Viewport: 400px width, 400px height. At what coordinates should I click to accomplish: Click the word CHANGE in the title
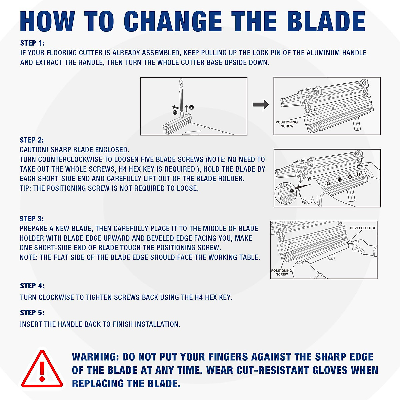(x=173, y=22)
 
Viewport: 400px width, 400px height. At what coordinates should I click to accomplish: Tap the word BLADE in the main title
(x=326, y=22)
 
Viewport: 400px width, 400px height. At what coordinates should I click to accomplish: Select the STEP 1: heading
(x=32, y=43)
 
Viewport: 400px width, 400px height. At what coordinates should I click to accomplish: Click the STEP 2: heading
(x=32, y=140)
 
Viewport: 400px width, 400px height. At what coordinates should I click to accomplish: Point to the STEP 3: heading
(x=32, y=219)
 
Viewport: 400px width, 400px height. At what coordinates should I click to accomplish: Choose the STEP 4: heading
(x=32, y=286)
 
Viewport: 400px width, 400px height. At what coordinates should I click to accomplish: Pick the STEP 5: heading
(x=32, y=313)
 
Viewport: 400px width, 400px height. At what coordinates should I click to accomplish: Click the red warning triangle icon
(x=42, y=369)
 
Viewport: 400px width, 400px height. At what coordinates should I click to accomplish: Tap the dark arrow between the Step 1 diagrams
(x=260, y=104)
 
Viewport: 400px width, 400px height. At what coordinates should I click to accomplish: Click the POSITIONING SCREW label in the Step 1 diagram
(x=287, y=124)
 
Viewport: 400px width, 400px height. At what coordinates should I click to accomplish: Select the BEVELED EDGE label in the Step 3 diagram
(x=363, y=228)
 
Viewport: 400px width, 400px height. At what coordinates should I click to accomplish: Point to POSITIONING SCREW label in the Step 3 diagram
(x=282, y=272)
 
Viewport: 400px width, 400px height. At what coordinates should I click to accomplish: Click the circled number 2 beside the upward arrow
(x=191, y=107)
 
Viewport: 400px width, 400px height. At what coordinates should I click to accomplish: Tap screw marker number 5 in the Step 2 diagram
(x=358, y=175)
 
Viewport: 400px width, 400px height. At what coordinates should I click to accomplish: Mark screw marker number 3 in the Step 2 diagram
(x=340, y=180)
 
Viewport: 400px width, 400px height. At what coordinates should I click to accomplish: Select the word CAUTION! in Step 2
(x=34, y=150)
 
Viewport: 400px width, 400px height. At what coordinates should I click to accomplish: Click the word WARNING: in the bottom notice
(x=95, y=357)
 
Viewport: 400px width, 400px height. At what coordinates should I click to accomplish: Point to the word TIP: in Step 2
(x=25, y=188)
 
